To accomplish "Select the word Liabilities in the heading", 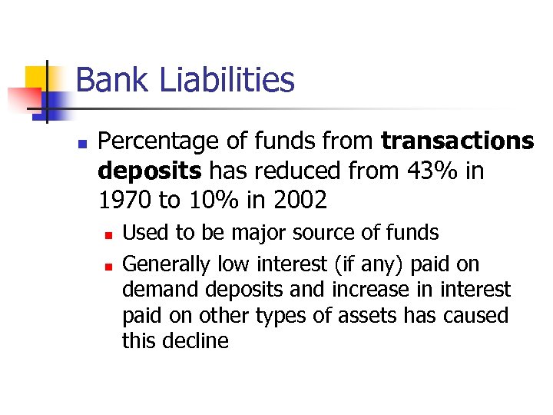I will (230, 80).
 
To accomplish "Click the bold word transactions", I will (457, 141).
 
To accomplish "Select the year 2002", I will (299, 200).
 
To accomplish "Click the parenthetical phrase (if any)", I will (368, 264).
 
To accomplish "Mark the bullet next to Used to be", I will (109, 234).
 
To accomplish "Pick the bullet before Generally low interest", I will (109, 265).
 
